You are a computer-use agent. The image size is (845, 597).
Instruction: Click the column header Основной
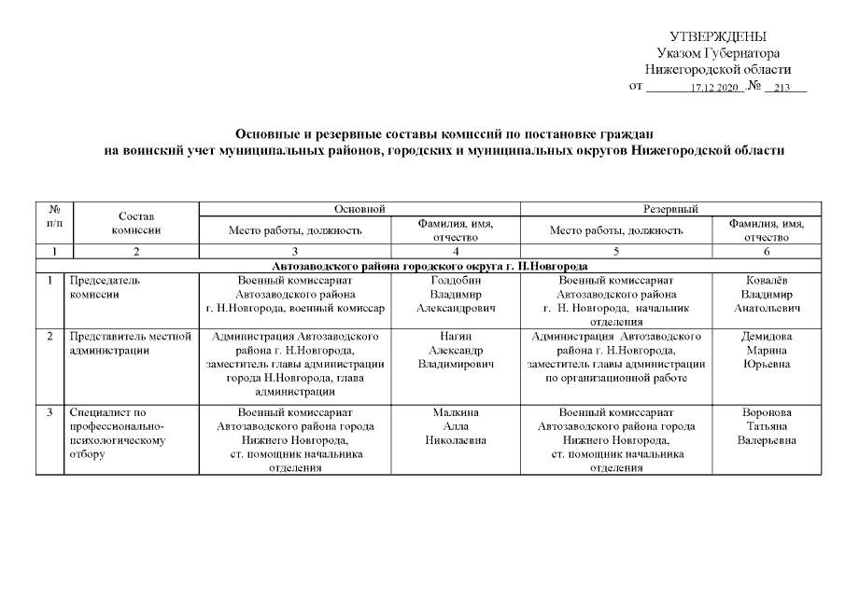[359, 208]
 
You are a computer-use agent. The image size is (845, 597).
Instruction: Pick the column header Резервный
[671, 208]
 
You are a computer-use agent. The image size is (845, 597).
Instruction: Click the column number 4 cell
[456, 251]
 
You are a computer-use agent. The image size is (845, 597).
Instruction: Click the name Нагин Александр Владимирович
[456, 350]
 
